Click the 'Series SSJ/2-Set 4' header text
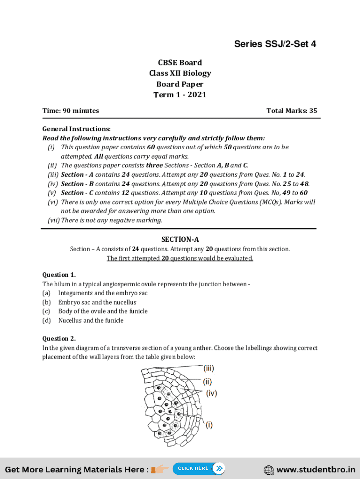275,44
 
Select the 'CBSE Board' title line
180,63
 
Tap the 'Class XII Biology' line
180,73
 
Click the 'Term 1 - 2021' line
180,95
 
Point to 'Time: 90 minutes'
71,111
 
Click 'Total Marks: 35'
291,111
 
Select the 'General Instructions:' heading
76,129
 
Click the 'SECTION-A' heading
180,239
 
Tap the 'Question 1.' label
59,275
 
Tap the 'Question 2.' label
59,339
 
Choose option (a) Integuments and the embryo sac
102,293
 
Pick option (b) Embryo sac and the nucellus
97,302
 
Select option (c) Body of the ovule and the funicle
102,312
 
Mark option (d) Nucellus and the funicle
91,320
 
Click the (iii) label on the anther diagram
209,368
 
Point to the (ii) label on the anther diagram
208,381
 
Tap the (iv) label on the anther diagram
211,393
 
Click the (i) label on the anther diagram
209,425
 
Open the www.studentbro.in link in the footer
316,469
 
